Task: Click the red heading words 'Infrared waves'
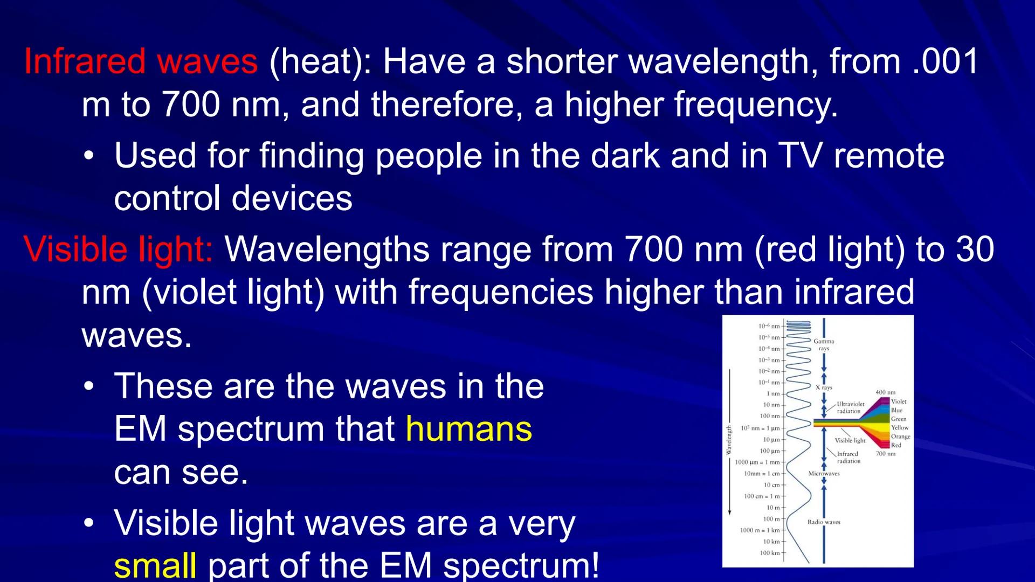point(141,61)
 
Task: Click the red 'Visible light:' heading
point(119,250)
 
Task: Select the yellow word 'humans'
point(468,429)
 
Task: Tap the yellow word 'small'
point(155,565)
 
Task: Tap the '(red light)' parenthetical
point(830,250)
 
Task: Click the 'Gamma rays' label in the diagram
point(824,345)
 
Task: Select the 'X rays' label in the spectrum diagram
point(824,387)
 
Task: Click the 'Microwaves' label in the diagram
point(824,474)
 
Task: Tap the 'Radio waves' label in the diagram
point(824,522)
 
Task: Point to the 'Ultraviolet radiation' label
point(850,407)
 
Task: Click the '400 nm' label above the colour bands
point(885,392)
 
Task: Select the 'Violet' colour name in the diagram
point(899,401)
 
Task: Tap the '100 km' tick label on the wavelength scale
point(770,553)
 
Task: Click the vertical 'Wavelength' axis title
point(729,440)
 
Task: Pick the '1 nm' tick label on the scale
point(773,394)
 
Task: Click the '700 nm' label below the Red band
point(885,454)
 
